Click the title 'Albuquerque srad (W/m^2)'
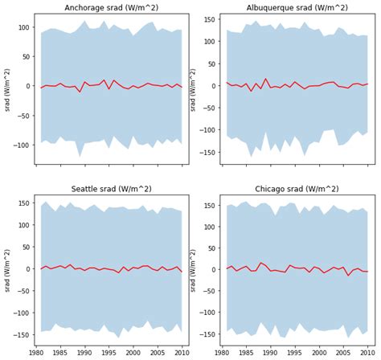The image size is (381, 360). pos(297,7)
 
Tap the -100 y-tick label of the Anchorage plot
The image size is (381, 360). pos(21,145)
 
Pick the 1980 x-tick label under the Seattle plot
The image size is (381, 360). pos(36,352)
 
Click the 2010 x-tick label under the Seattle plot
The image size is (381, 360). pos(182,352)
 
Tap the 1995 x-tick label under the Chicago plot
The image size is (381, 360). pos(295,352)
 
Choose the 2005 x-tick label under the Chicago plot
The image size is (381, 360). pos(343,352)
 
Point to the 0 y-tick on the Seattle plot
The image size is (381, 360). pos(28,269)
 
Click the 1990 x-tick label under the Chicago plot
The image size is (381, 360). pos(271,352)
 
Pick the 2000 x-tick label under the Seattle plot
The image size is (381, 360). pos(133,352)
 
